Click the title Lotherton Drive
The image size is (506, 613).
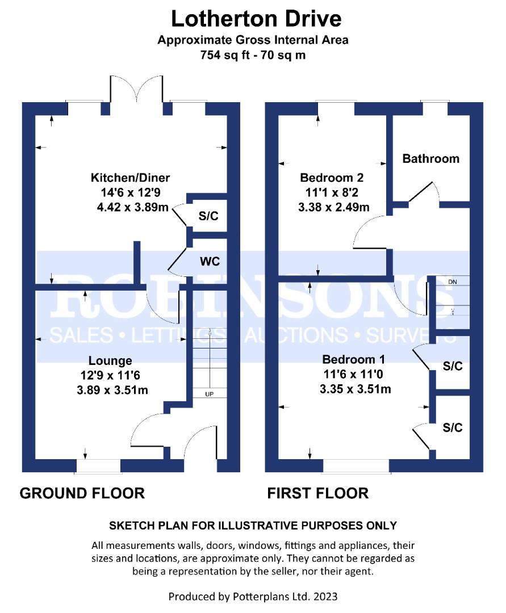coord(256,19)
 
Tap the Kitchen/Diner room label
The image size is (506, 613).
coord(131,178)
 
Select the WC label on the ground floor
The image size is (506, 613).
coord(209,262)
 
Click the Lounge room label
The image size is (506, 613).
coord(110,360)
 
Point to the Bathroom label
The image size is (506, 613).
coord(430,158)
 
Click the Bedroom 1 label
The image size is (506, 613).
coord(354,359)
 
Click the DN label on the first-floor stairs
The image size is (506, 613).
coord(452,282)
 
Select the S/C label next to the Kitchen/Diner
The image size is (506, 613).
coord(208,216)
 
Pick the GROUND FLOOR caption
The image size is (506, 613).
coord(82,493)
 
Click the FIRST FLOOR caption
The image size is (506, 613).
coord(318,493)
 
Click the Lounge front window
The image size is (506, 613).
coord(98,465)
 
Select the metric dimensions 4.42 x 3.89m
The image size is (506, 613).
coord(133,207)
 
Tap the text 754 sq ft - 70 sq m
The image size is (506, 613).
coord(253,56)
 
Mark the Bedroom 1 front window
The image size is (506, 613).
coord(356,465)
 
